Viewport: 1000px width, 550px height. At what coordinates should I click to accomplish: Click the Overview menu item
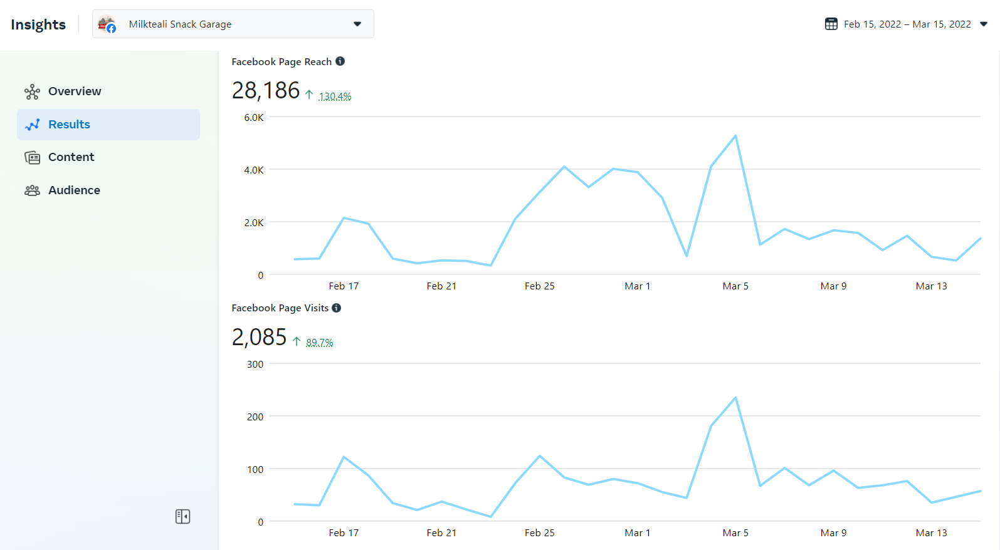74,91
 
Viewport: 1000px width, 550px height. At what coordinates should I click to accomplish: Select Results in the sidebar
69,125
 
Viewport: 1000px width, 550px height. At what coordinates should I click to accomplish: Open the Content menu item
71,157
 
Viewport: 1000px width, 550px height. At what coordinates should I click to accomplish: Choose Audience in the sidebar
74,190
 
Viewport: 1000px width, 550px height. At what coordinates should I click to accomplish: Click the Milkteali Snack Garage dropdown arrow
357,24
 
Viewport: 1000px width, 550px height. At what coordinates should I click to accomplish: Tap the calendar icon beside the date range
831,24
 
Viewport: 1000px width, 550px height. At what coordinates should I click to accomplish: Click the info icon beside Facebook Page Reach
340,61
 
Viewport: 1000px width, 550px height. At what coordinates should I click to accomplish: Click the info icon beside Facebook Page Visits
337,308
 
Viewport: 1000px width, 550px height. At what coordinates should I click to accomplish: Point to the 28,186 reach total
266,91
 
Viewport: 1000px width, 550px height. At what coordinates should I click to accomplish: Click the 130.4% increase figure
335,96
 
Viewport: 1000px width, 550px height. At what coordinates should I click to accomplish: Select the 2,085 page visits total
259,338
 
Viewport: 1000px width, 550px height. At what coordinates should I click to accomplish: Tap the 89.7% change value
319,343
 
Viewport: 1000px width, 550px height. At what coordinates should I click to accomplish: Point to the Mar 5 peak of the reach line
735,136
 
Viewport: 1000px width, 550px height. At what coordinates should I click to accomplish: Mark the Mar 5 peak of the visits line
735,398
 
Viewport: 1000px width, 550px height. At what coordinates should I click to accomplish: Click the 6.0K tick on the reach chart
254,118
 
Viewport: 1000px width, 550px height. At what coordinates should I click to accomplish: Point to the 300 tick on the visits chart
255,365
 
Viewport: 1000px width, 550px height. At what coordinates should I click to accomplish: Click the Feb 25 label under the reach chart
539,286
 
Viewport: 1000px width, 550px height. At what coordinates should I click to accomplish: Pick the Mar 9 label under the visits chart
833,533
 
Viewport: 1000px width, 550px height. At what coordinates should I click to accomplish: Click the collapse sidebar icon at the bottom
182,516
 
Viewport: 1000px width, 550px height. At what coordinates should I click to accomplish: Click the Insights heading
38,24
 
